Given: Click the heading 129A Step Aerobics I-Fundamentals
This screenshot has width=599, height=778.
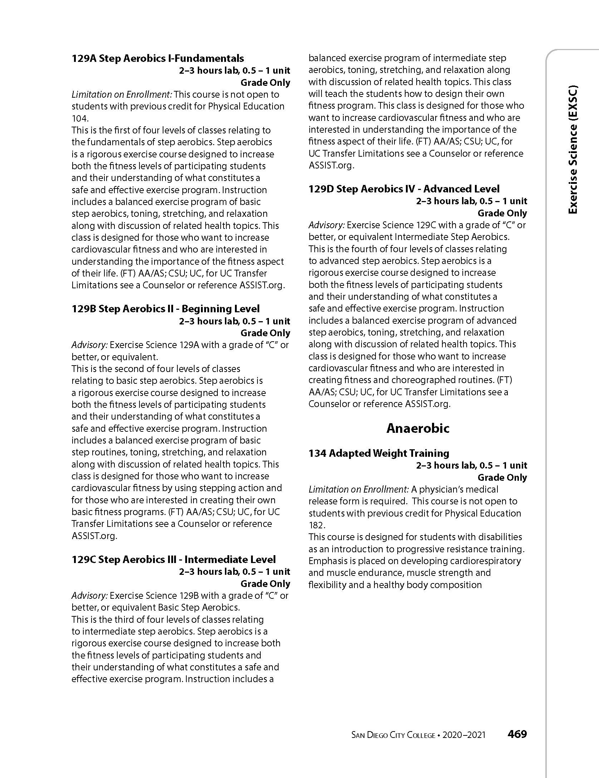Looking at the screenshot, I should pos(158,58).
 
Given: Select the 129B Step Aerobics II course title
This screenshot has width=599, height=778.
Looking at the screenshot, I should pos(166,309).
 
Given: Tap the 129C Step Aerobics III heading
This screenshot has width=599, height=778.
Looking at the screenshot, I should pos(173,559).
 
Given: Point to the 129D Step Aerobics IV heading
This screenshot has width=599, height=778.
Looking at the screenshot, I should pos(404,189).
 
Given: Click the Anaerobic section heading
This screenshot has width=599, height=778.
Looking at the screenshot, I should pos(418,428).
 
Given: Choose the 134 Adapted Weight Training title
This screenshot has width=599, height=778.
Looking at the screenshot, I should pos(379,453).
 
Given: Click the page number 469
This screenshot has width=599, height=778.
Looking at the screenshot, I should pos(517,734).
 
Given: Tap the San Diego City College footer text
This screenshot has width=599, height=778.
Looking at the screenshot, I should pos(393,735).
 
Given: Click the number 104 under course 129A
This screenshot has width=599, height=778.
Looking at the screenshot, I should pos(80,118).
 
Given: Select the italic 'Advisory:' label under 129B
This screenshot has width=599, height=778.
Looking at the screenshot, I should pos(89,345).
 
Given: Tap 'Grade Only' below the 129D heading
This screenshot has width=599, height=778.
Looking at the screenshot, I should pos(502,213).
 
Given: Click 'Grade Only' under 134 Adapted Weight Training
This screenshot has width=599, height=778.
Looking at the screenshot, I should pos(502,478).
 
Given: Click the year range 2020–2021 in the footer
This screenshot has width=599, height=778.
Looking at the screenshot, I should pos(464,735).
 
